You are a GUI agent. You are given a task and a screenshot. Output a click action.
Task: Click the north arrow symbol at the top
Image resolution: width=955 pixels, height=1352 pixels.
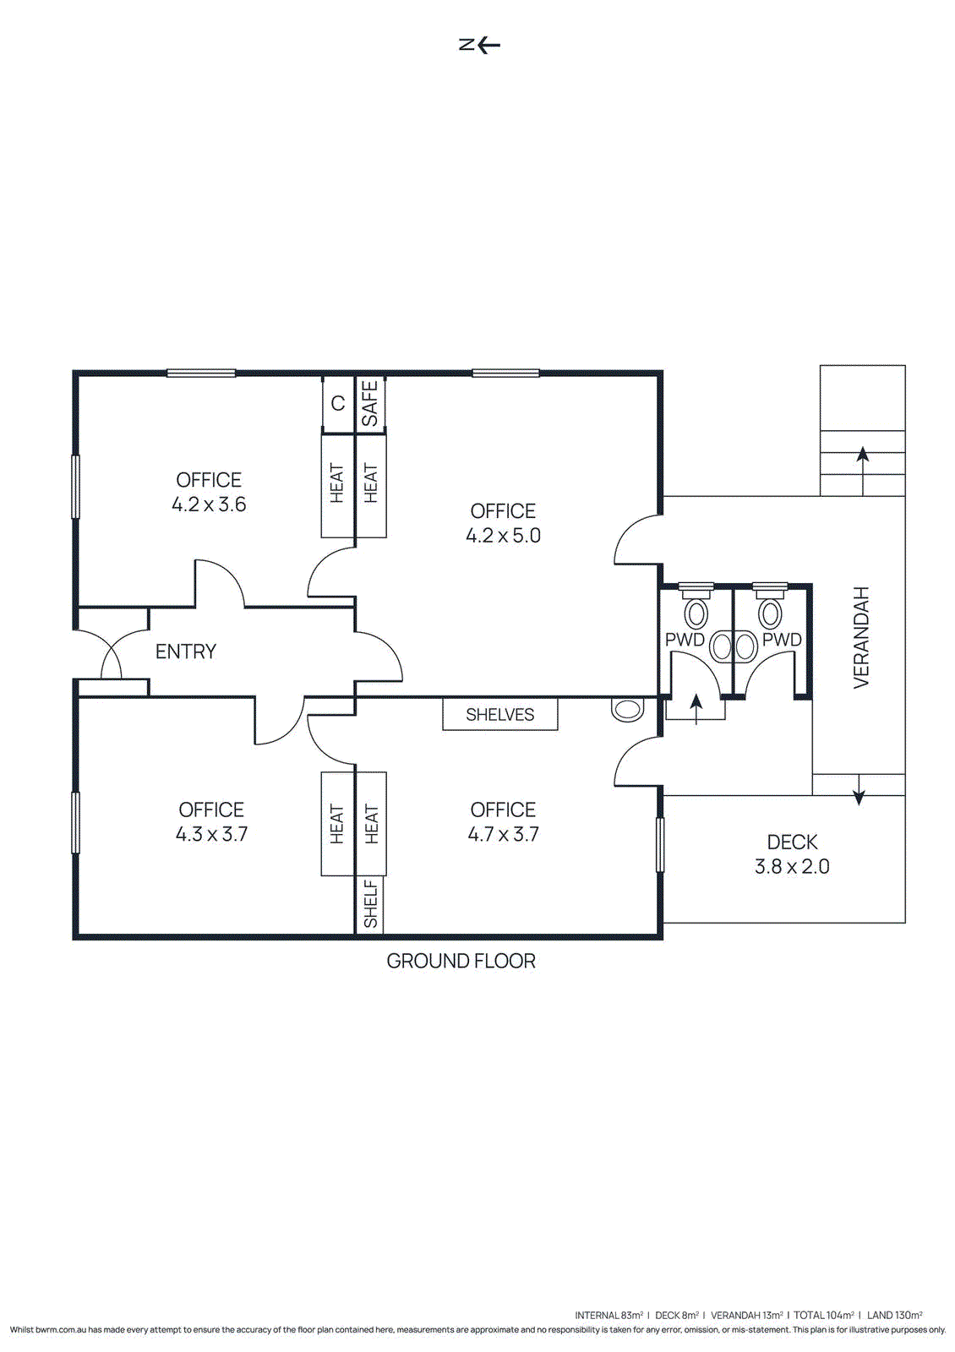point(479,45)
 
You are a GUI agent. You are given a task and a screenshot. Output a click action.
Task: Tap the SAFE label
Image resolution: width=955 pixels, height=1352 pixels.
point(370,403)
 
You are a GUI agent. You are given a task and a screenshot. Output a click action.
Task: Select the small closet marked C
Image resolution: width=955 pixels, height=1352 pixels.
point(338,404)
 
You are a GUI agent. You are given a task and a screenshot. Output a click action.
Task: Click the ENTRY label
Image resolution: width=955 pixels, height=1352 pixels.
point(186,651)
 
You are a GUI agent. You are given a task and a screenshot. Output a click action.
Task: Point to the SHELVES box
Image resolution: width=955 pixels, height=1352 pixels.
point(500,715)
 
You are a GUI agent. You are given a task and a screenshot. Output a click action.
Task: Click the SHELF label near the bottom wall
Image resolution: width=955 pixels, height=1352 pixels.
point(370,904)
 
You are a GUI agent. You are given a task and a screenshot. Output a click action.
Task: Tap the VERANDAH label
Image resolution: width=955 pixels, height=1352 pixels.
point(861,637)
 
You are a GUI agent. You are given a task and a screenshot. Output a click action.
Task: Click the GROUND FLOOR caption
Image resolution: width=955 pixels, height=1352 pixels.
point(461,962)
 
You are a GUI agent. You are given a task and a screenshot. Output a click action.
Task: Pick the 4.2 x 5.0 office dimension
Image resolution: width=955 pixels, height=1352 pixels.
point(503,536)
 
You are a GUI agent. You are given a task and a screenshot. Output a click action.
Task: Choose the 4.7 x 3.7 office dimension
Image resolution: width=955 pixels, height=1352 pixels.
point(503,835)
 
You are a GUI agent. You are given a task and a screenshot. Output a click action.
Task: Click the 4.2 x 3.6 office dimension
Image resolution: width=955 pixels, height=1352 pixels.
point(209,504)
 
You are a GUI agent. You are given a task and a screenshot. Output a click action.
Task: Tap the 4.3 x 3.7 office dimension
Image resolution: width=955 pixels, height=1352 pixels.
point(211,835)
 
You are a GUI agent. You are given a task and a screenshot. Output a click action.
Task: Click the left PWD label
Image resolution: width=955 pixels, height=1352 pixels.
point(685,640)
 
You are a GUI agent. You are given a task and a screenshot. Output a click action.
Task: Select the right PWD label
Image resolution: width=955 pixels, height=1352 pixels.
point(782,640)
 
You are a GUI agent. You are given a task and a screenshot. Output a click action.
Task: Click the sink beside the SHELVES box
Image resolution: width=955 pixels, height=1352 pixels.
point(627,709)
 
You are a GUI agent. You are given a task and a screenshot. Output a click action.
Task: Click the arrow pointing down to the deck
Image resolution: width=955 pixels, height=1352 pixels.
point(859,791)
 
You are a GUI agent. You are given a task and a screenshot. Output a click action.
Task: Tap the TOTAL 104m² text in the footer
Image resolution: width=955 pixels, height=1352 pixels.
point(823,1315)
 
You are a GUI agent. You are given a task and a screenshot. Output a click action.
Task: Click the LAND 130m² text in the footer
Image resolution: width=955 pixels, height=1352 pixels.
point(894,1315)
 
